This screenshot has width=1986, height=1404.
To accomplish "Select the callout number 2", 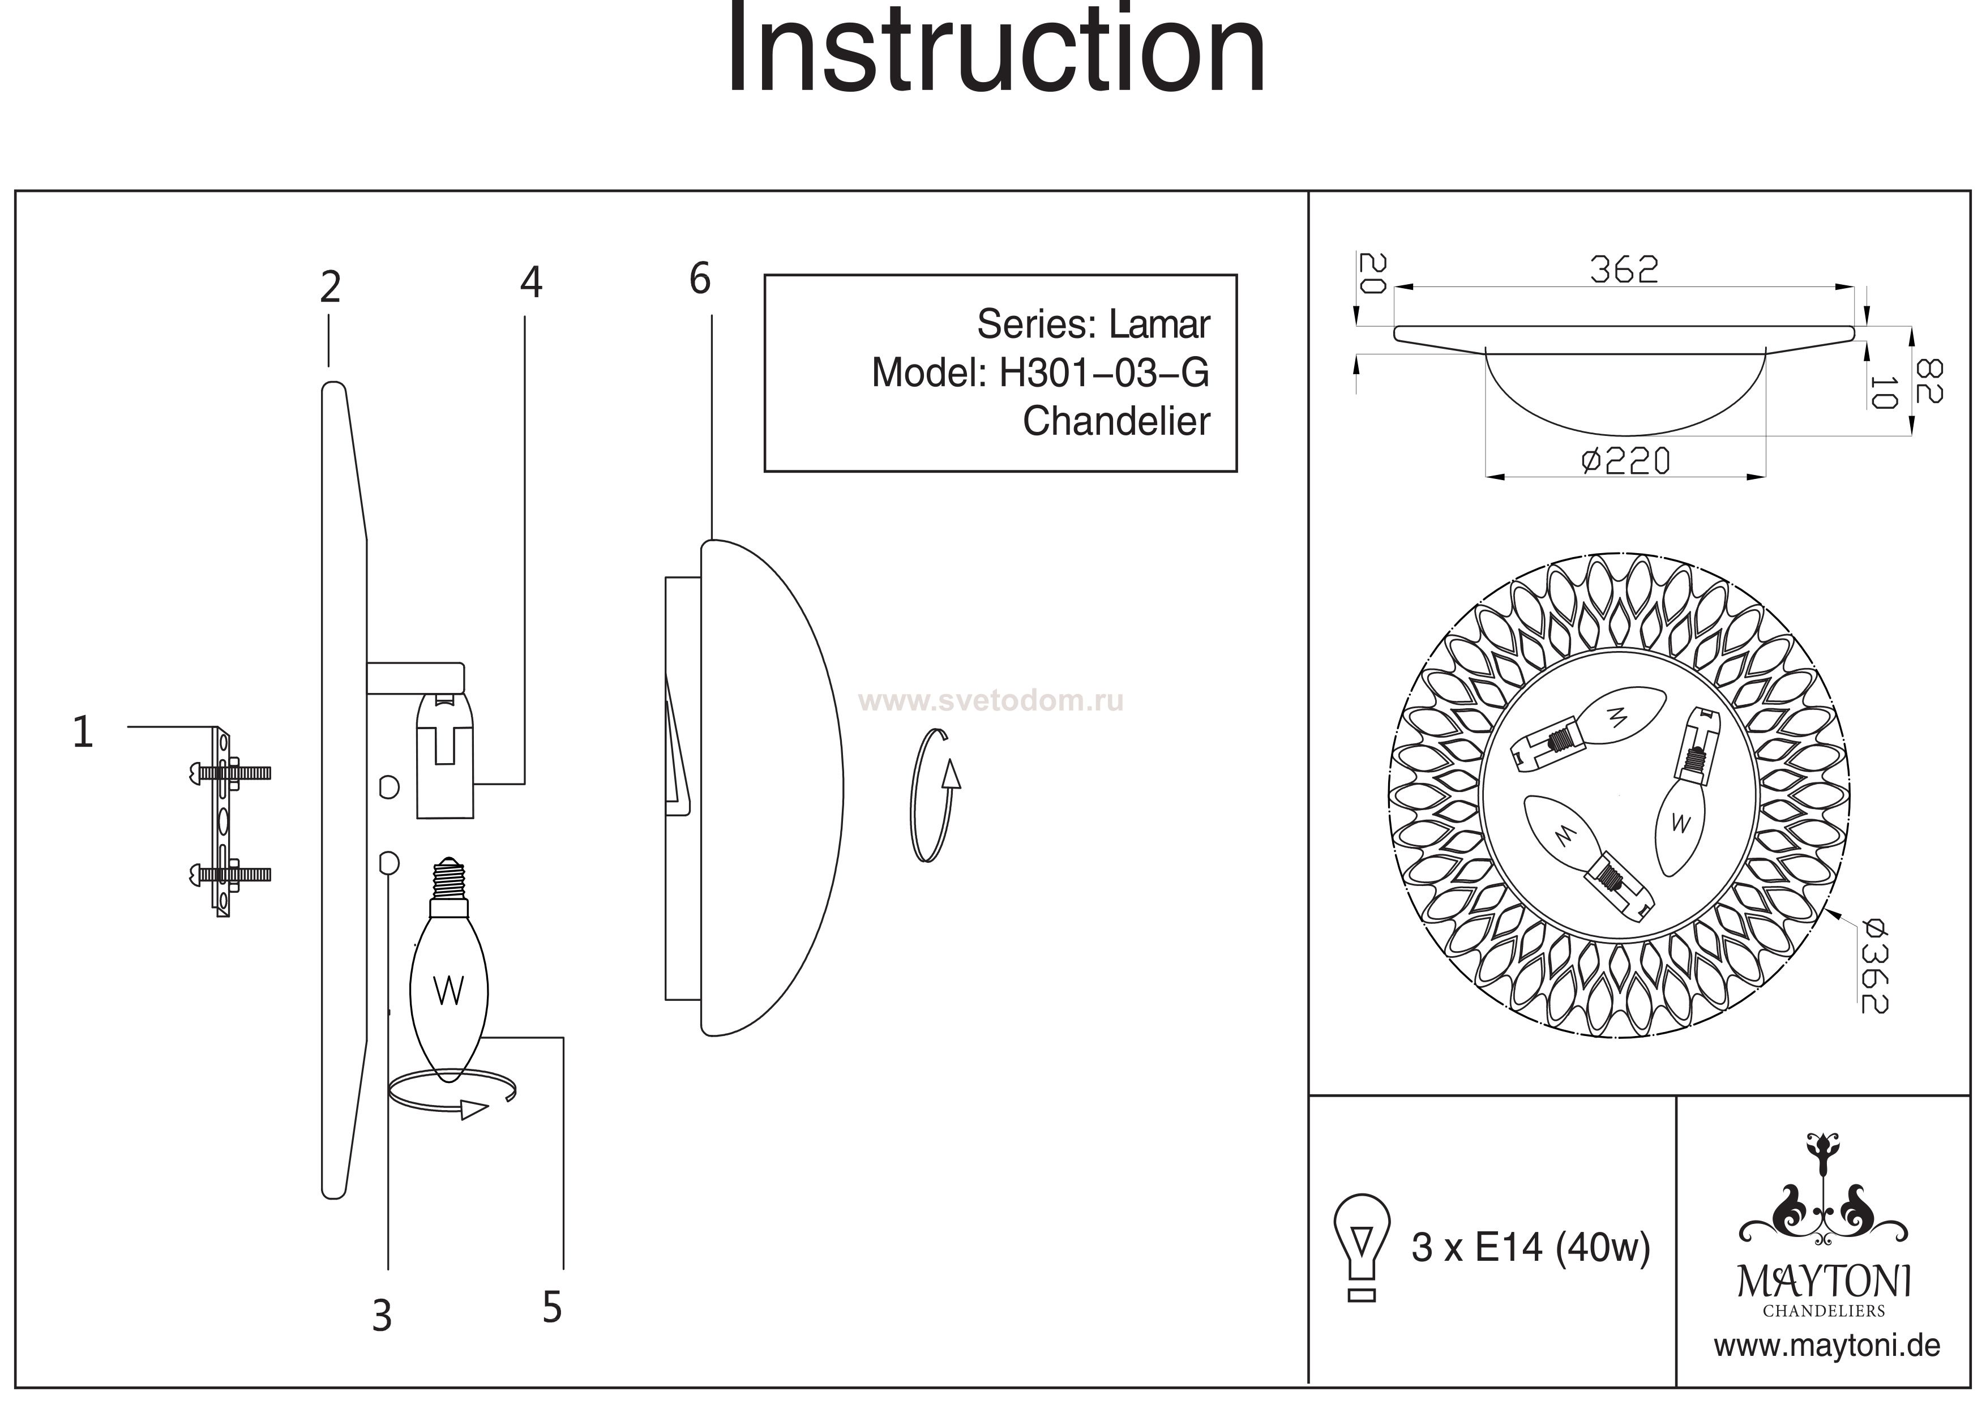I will pos(329,287).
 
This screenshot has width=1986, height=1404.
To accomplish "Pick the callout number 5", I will pos(552,1307).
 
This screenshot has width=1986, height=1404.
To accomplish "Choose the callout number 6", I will pos(700,279).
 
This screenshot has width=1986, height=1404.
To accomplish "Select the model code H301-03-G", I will pos(1104,373).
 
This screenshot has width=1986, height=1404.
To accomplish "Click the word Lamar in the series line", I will pos(1159,324).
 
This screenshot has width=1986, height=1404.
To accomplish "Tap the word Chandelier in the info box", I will pos(1116,421).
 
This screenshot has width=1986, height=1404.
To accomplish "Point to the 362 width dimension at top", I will pos(1624,271).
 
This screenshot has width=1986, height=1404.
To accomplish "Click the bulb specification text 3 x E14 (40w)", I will pos(1530,1247).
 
